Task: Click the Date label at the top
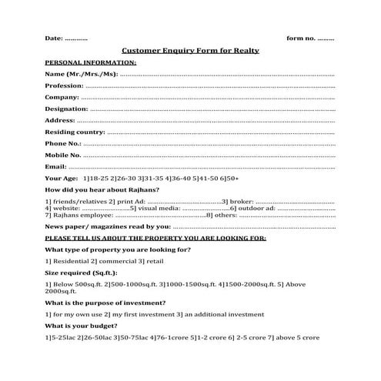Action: (54, 38)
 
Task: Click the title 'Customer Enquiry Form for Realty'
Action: (191, 50)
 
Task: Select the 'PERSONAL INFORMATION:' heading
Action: (91, 62)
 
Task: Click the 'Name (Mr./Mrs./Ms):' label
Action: (81, 74)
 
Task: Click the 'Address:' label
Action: (60, 120)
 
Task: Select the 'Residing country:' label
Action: (75, 132)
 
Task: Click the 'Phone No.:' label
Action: (63, 143)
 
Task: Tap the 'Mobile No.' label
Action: (63, 155)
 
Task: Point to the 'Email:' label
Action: (56, 165)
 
